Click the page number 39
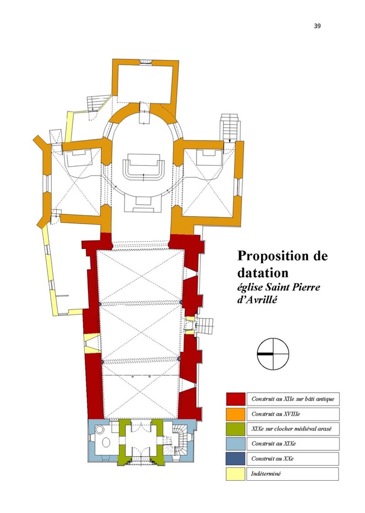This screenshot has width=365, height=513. click(x=317, y=26)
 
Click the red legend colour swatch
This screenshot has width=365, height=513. click(x=235, y=399)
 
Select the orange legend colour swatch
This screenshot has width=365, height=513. click(x=235, y=414)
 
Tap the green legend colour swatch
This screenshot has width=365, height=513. click(x=235, y=429)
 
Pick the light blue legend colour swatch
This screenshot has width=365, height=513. click(x=235, y=444)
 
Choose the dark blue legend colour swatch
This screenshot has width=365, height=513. click(x=235, y=459)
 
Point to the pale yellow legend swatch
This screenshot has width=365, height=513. click(x=235, y=474)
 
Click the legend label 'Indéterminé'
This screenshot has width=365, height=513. click(x=266, y=473)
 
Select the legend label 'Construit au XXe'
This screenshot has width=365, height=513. click(x=272, y=459)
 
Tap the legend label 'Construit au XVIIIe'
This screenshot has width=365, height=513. click(x=276, y=414)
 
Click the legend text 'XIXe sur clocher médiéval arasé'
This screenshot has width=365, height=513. click(x=292, y=429)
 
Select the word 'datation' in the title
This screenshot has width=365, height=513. click(x=263, y=272)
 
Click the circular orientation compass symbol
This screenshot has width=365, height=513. click(x=273, y=354)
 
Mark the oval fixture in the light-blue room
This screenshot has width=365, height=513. click(x=106, y=443)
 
